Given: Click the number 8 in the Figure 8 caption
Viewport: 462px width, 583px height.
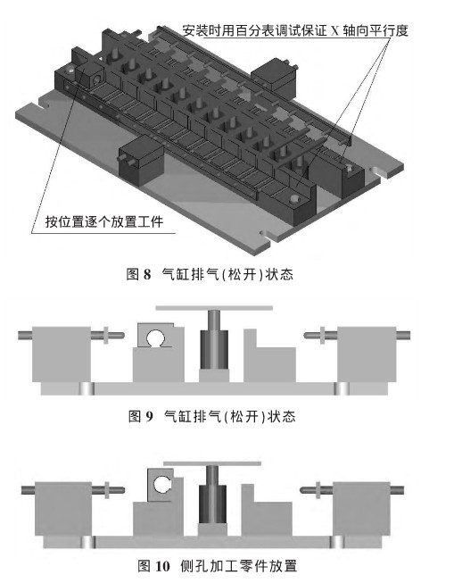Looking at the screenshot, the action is (x=147, y=274).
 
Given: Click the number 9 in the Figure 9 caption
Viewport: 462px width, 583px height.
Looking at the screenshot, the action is (x=149, y=416).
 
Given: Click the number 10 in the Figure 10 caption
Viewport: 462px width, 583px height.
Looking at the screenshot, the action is (x=162, y=566).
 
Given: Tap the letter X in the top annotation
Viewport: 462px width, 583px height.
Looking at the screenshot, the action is (x=335, y=30).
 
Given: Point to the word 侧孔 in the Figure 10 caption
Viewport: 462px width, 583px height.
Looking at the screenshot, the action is (x=194, y=566).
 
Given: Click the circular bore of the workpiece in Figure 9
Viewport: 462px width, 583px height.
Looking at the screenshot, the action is (x=157, y=338).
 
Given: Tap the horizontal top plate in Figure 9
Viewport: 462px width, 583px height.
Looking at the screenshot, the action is (x=214, y=308).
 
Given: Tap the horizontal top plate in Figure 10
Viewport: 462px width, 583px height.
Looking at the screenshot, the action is (x=212, y=463).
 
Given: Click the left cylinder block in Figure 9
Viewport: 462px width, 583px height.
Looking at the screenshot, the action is (x=62, y=354).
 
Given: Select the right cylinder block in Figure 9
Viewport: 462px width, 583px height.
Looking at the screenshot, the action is (x=367, y=354).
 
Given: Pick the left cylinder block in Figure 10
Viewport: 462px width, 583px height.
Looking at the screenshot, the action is (x=63, y=509).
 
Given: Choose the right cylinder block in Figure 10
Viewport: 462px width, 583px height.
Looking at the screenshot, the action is (x=361, y=509).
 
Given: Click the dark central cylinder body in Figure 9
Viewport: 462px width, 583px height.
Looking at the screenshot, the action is (x=214, y=349).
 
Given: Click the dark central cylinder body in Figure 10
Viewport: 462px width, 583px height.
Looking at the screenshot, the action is (x=212, y=504).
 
